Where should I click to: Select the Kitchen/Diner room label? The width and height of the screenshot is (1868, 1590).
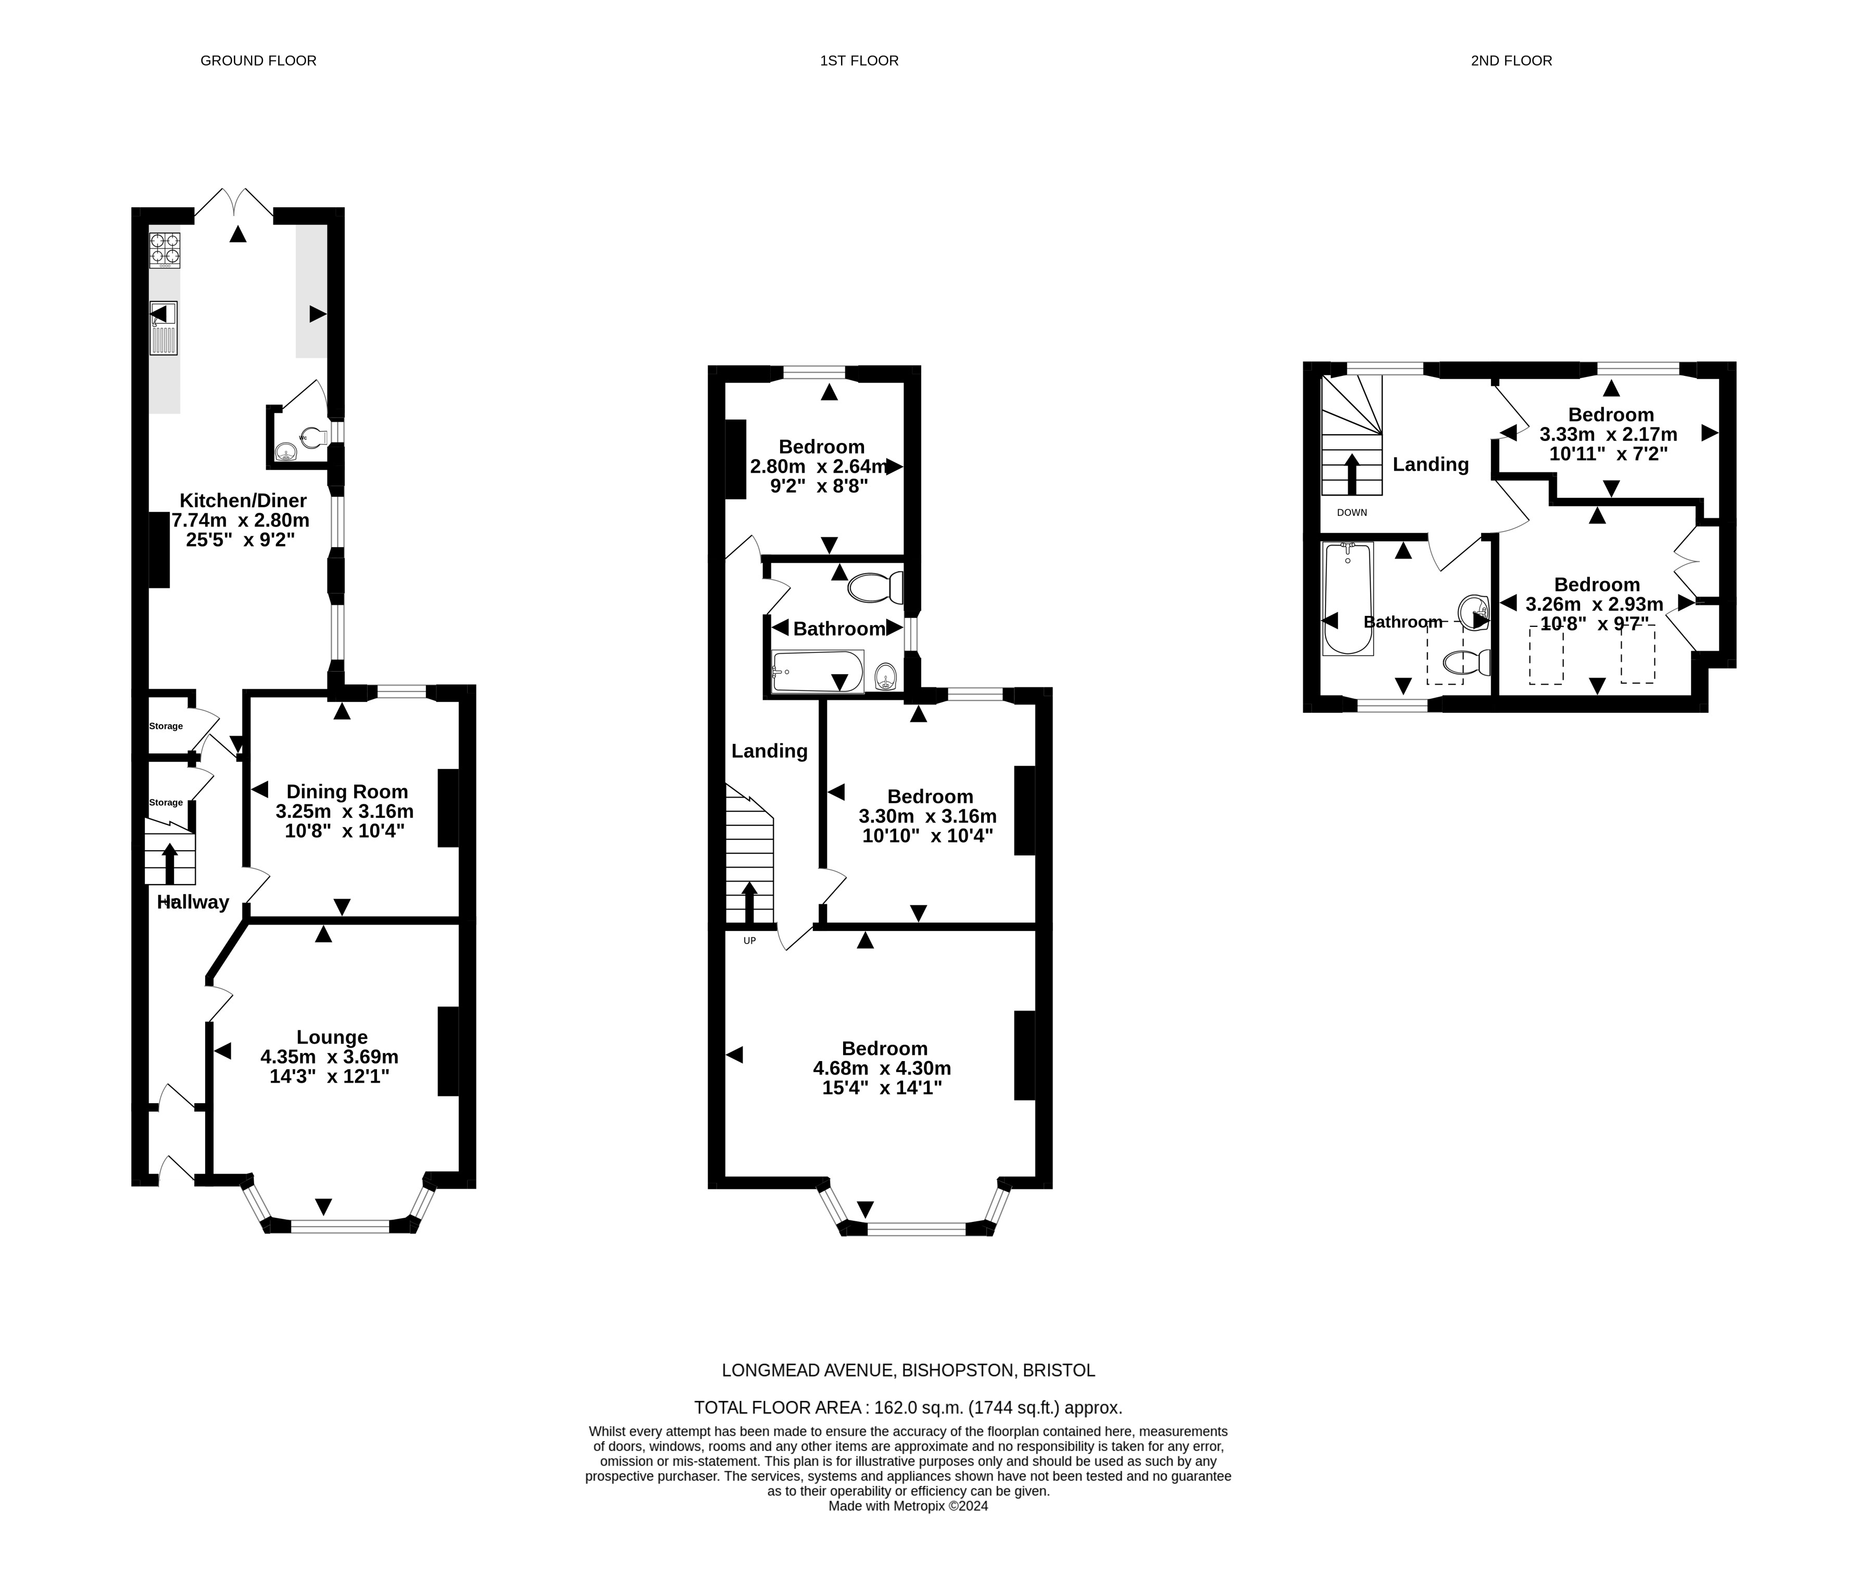(243, 500)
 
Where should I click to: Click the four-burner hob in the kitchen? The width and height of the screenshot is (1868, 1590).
(164, 250)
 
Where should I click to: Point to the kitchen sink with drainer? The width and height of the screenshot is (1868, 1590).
(164, 328)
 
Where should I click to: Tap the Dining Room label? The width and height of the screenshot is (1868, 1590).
(347, 791)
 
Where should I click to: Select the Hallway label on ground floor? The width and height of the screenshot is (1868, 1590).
(193, 902)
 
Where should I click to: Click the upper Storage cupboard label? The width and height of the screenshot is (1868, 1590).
(166, 726)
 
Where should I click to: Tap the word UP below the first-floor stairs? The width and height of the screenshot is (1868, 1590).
(749, 941)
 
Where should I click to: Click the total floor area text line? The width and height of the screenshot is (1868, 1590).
(908, 1408)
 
